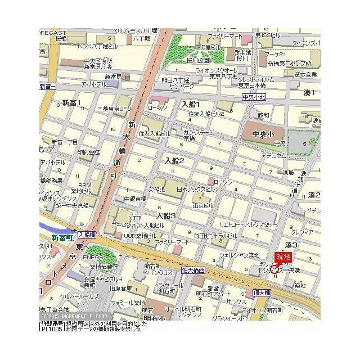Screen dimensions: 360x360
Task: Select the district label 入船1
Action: click(x=191, y=104)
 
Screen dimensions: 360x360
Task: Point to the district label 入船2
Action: click(x=174, y=161)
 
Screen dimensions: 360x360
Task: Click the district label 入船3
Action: click(x=166, y=215)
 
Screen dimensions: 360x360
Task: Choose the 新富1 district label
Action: click(x=71, y=103)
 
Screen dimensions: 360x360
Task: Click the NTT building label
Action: click(x=136, y=218)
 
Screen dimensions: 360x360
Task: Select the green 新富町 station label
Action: click(x=62, y=238)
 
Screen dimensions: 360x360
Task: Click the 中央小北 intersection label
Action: click(x=254, y=97)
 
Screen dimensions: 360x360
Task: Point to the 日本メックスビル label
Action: click(x=195, y=190)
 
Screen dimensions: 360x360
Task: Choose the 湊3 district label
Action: click(x=291, y=245)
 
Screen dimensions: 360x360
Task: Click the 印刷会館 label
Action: click(x=88, y=152)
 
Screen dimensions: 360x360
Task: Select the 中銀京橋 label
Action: click(x=135, y=199)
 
